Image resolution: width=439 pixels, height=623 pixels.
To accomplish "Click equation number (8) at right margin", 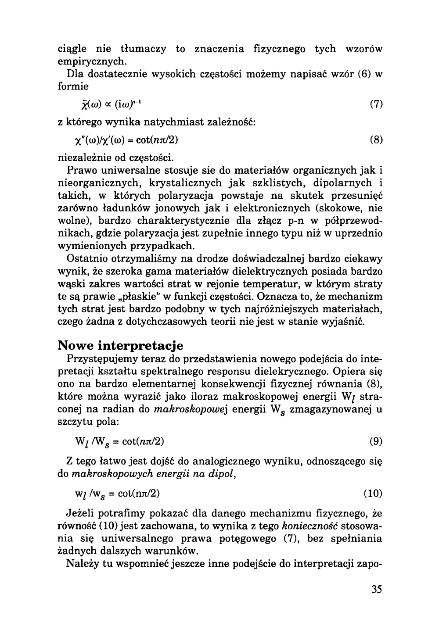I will click(376, 140).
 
